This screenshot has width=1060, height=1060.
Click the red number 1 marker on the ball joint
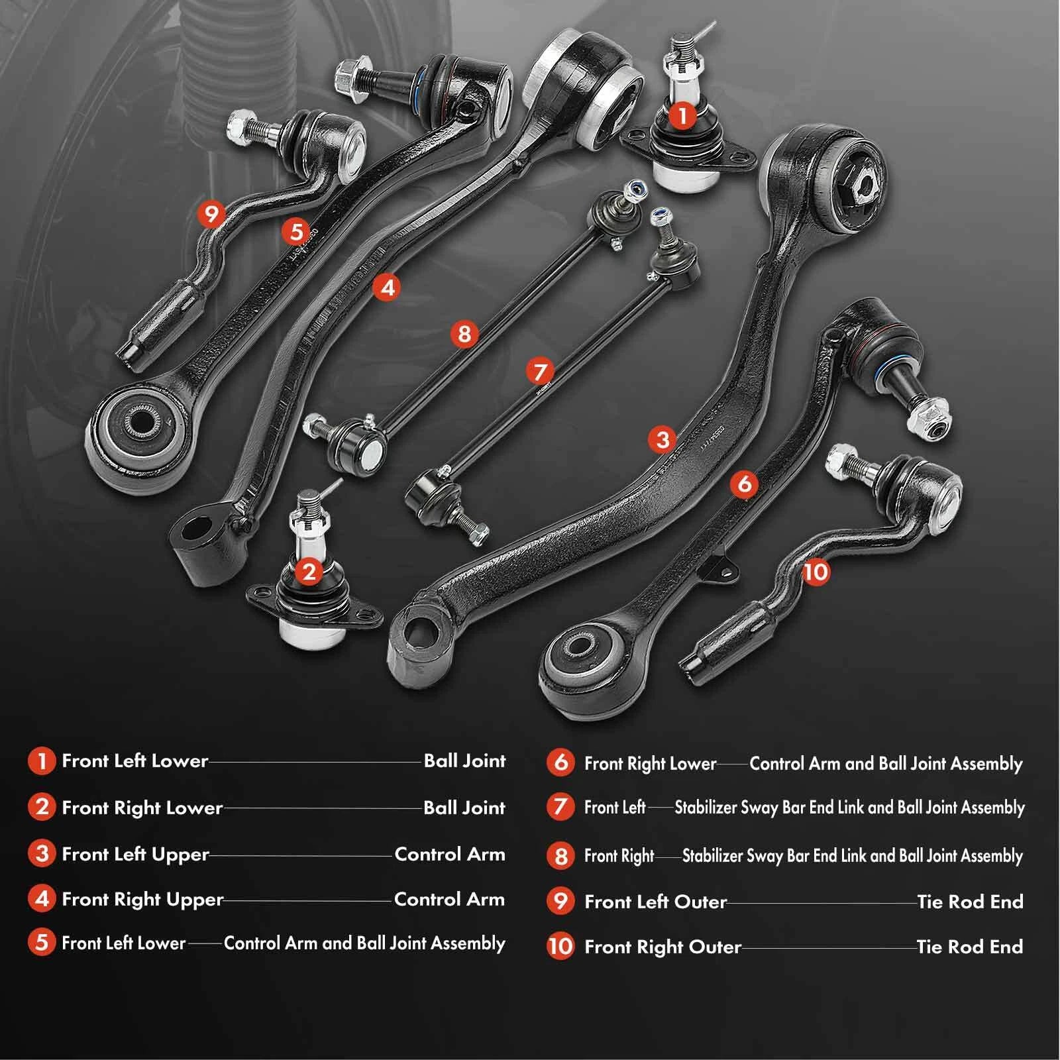[682, 115]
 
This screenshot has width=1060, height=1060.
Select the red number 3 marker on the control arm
[662, 439]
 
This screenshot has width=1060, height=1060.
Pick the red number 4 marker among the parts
[387, 287]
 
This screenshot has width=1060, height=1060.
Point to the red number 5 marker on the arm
[295, 231]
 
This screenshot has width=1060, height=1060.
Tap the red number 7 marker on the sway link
[540, 371]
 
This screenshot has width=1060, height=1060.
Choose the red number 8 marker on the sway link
[464, 333]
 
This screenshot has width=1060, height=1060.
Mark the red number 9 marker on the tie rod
[211, 214]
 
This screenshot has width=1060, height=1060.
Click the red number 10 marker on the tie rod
[816, 571]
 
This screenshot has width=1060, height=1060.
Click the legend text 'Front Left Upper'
[135, 854]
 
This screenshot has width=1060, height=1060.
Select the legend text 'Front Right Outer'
[662, 947]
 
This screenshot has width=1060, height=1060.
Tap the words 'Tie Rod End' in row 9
[970, 902]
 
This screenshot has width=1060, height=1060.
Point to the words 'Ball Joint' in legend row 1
[464, 761]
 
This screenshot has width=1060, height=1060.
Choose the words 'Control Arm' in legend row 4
[449, 899]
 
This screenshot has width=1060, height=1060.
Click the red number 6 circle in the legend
[560, 763]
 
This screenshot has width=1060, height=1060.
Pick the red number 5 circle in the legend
[41, 942]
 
